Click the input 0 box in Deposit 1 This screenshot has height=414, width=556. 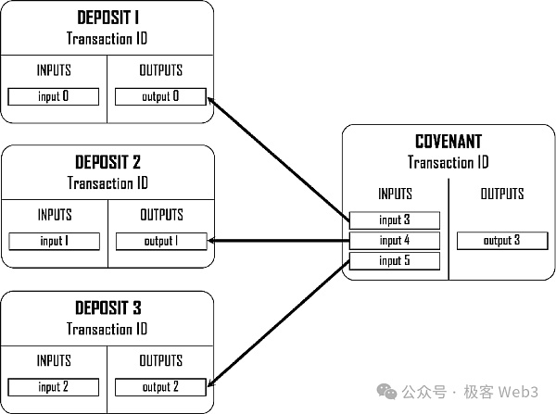click(x=54, y=96)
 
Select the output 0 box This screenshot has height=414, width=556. click(x=160, y=96)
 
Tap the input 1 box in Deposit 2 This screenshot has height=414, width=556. click(x=54, y=242)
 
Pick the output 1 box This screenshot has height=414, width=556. click(x=160, y=242)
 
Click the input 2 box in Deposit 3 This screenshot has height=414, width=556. click(x=54, y=386)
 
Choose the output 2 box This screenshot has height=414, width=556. click(x=160, y=386)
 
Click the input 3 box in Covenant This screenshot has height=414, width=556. click(x=394, y=220)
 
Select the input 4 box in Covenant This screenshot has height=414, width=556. click(x=394, y=240)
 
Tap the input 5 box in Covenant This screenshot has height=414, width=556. click(x=394, y=260)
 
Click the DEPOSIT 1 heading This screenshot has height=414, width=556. click(x=107, y=19)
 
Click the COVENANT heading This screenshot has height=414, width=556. click(x=448, y=143)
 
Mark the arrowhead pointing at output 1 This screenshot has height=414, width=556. click(x=214, y=241)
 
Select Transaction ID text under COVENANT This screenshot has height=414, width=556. click(x=448, y=162)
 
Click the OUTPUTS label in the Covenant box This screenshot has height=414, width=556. click(x=501, y=194)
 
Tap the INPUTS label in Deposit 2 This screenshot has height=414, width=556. click(x=54, y=215)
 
